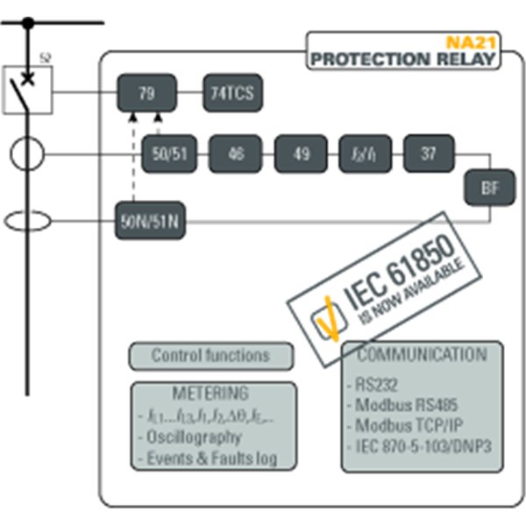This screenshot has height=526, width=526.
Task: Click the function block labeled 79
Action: [x=146, y=92]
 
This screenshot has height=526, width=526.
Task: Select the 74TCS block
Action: [x=233, y=92]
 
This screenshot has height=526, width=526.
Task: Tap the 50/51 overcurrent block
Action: [x=169, y=154]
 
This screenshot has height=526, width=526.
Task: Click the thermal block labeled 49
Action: [x=301, y=154]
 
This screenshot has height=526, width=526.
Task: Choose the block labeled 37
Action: [x=428, y=154]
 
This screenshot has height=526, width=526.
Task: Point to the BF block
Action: [x=488, y=186]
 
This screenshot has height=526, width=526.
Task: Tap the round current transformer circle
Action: [x=27, y=155]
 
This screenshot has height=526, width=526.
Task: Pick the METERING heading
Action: [x=210, y=394]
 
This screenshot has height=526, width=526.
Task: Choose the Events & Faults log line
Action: [x=210, y=458]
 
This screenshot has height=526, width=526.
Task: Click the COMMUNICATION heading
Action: [x=422, y=355]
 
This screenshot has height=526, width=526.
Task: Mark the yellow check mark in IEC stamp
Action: [x=323, y=316]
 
